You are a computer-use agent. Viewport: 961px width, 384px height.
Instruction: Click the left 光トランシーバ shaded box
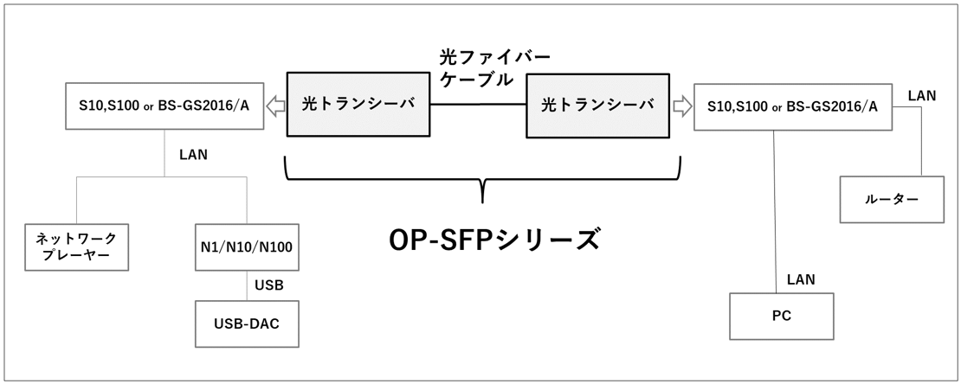pos(358,105)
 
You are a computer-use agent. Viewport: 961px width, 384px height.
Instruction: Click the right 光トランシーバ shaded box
pos(598,105)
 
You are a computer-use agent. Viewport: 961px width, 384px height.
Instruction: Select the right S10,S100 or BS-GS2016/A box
pos(792,106)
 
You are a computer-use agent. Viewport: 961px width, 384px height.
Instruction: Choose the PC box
pos(781,316)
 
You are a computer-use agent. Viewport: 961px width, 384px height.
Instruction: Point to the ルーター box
pos(889,200)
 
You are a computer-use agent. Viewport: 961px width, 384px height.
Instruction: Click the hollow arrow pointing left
pos(275,106)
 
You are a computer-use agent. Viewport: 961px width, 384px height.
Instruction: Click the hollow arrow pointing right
pos(681,106)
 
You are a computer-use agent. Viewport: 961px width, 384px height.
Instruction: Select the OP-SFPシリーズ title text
pos(493,238)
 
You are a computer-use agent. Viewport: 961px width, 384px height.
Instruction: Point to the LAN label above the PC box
pos(800,279)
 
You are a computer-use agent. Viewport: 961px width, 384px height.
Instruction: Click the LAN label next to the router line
pos(920,96)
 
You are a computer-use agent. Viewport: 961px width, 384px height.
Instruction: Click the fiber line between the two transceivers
pos(478,105)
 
